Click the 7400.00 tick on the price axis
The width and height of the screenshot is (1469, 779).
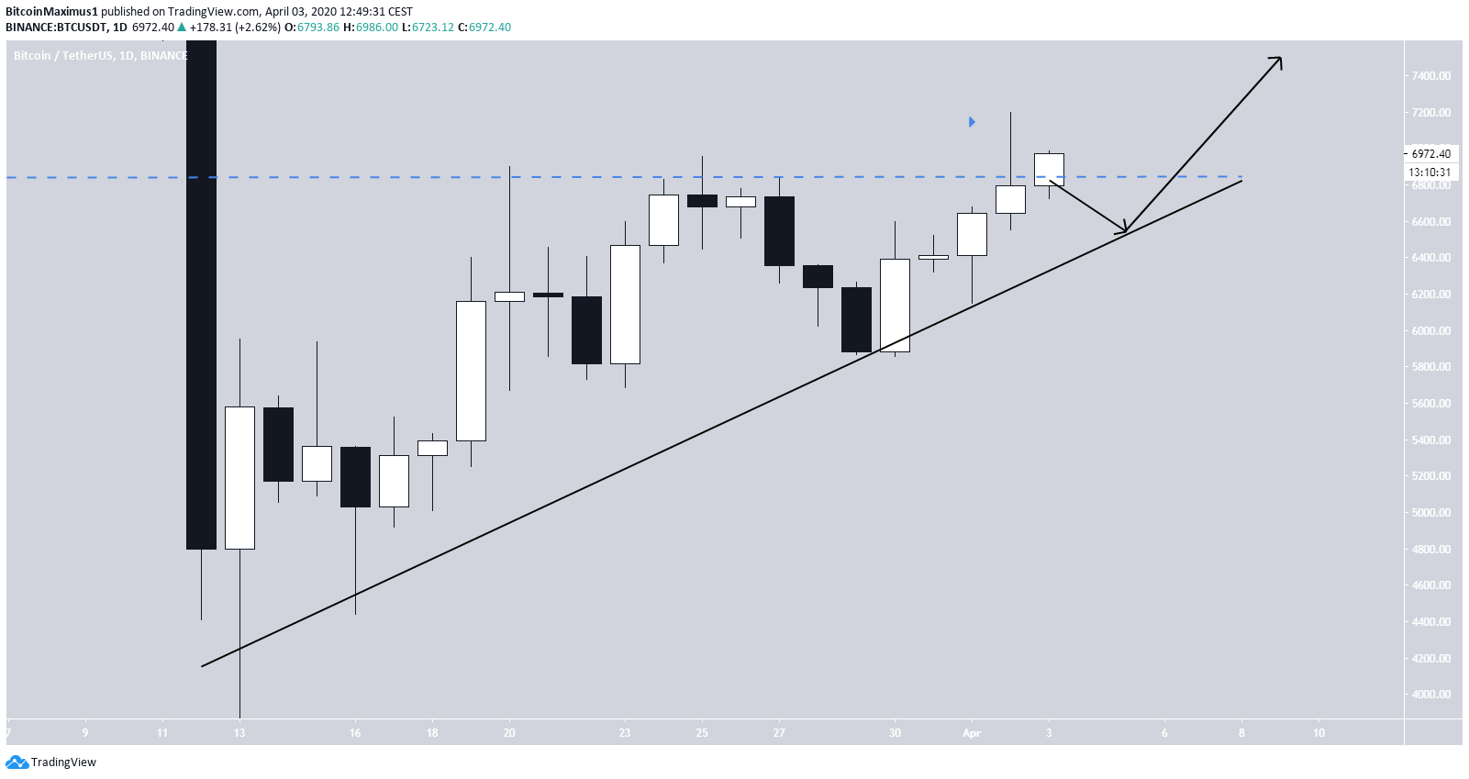1431,76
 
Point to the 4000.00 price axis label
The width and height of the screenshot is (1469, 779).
1431,695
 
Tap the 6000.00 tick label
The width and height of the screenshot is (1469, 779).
1431,331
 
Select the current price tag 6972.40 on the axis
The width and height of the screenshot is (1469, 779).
1430,154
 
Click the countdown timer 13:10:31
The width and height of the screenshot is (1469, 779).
1430,172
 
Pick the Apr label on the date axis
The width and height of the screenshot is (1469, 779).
972,733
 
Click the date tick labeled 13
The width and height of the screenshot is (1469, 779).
239,733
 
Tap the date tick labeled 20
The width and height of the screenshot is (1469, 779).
509,733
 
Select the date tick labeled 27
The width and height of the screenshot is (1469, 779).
779,733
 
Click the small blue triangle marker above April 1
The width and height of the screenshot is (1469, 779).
972,122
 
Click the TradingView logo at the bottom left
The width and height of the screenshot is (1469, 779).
51,762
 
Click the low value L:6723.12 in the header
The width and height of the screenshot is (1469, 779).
432,28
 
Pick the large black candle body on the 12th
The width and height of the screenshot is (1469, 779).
201,294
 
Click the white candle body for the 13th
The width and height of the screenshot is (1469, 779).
239,477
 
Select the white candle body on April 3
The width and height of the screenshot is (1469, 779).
1049,170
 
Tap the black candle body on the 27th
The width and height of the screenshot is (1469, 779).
779,231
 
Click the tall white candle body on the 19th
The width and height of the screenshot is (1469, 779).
471,371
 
